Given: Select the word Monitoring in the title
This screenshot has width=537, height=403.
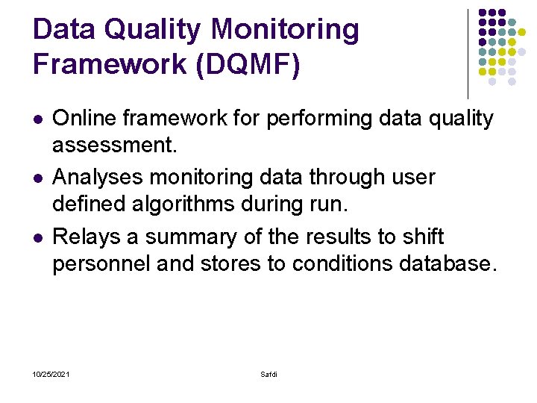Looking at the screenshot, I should [x=285, y=31].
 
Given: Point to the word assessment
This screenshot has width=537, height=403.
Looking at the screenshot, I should [x=114, y=144].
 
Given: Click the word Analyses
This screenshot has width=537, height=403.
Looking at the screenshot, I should [x=97, y=178].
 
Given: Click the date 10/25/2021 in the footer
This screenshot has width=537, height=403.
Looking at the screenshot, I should [x=51, y=374].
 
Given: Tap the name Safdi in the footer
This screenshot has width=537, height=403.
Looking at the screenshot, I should [x=268, y=374].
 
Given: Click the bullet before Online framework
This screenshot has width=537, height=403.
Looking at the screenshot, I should [x=37, y=119].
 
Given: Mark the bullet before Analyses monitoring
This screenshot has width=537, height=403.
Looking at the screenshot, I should [x=37, y=178].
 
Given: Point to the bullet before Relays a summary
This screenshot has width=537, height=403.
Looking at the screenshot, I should [x=37, y=238].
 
